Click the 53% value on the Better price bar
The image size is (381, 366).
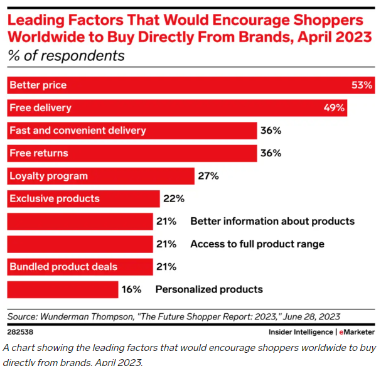click(362, 85)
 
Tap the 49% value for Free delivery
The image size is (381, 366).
click(334, 108)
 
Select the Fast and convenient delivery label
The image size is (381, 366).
click(78, 131)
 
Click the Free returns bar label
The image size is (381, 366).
click(39, 153)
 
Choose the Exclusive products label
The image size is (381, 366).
click(55, 198)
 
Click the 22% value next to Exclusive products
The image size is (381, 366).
click(174, 199)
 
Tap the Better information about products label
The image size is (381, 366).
click(272, 221)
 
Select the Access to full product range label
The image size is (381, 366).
click(257, 244)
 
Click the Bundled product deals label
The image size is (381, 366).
click(63, 267)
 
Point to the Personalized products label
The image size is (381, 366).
click(209, 289)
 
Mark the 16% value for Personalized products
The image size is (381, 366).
click(132, 289)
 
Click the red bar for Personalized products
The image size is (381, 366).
click(62, 289)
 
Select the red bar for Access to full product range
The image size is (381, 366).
click(80, 244)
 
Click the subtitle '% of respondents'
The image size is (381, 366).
click(66, 56)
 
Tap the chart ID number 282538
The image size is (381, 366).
click(21, 331)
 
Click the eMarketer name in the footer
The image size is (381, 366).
click(357, 331)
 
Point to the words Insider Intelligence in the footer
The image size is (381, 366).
click(301, 331)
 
